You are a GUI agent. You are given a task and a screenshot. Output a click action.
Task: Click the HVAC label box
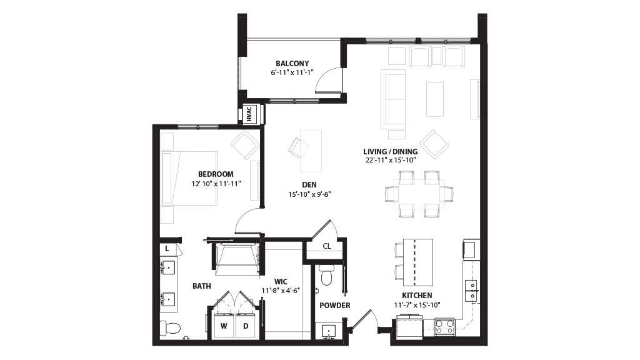[250, 114]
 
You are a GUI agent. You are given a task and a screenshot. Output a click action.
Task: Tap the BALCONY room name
[292, 64]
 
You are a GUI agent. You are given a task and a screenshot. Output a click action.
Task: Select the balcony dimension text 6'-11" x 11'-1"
[292, 72]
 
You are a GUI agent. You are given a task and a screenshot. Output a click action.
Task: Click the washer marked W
[224, 325]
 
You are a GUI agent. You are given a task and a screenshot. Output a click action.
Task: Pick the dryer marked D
[246, 325]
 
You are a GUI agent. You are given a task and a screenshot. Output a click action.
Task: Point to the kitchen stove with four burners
[444, 326]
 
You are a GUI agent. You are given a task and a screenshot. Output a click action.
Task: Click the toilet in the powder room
[326, 275]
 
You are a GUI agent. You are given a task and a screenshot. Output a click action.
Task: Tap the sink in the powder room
[329, 331]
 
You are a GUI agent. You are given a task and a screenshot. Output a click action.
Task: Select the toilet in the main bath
[170, 327]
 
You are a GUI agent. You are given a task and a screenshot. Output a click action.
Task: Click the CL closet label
[327, 246]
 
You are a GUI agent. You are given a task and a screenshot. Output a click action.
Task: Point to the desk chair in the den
[299, 147]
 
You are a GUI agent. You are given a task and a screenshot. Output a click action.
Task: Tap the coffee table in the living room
[435, 99]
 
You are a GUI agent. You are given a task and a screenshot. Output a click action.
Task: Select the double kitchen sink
[471, 290]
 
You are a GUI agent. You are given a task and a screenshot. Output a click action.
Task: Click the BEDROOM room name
[216, 174]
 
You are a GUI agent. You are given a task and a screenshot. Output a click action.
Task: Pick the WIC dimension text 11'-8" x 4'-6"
[281, 291]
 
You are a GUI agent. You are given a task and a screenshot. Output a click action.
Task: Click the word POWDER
[335, 305]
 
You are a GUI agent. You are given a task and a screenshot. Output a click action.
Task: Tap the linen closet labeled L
[167, 249]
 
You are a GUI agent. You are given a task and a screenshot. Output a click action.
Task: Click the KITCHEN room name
[417, 296]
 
